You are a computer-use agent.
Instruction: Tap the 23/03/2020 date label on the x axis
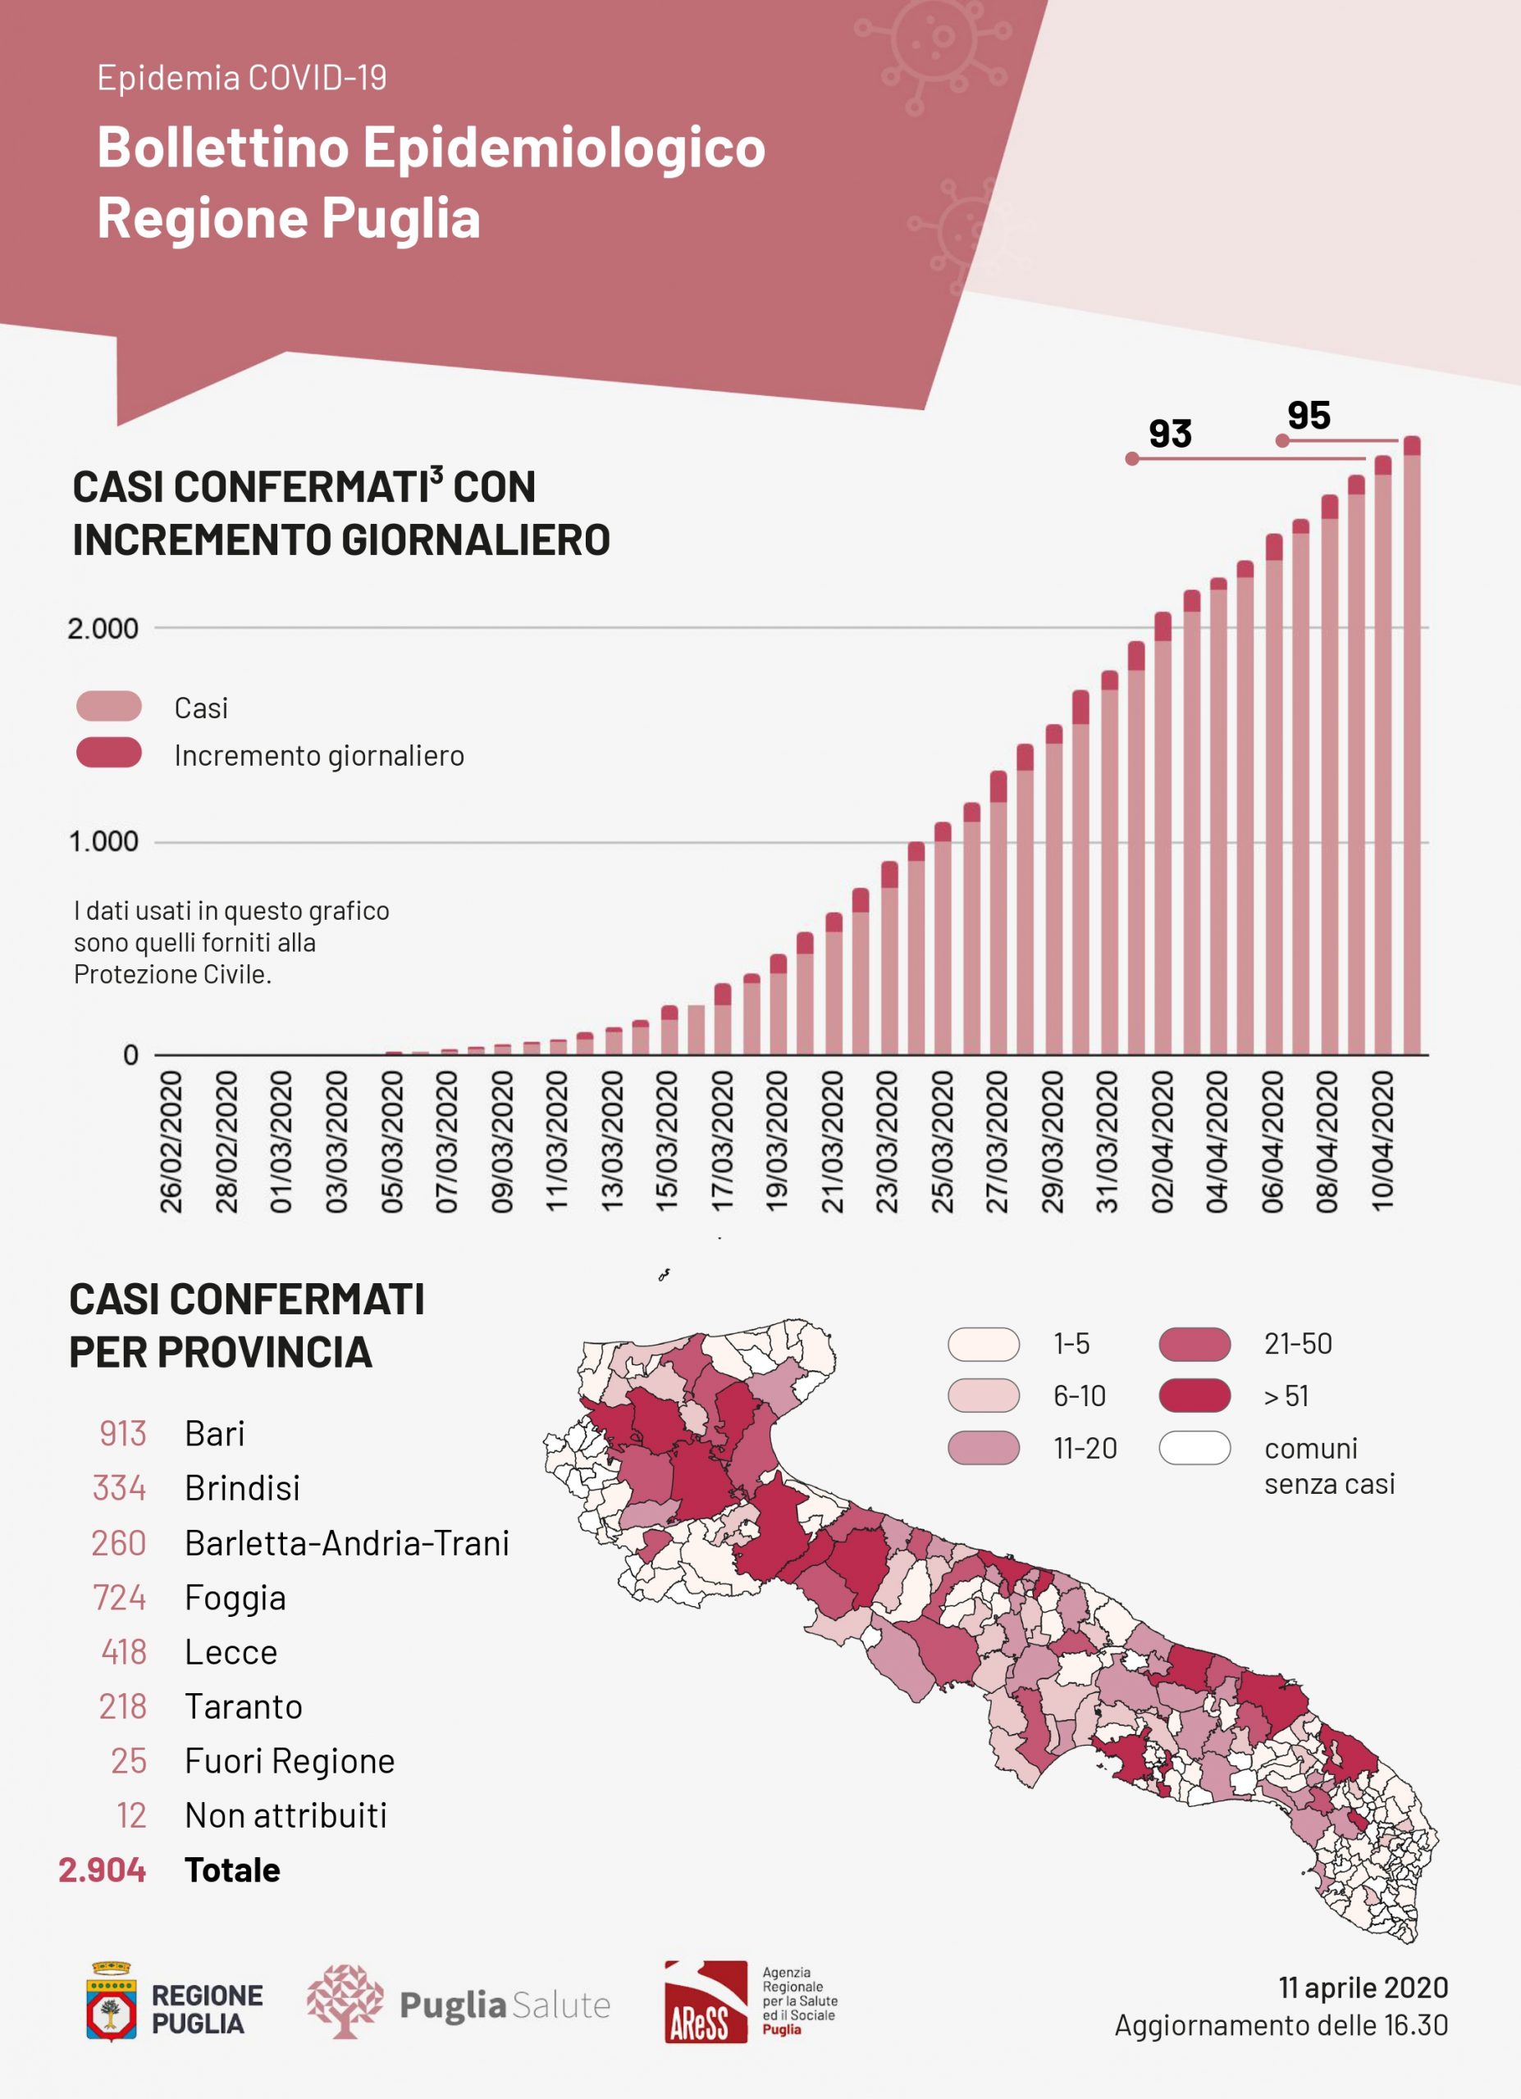[887, 1141]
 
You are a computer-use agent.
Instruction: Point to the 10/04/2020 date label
[1382, 1141]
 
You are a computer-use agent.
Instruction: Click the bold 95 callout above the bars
[1308, 417]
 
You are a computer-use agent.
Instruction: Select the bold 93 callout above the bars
[1170, 434]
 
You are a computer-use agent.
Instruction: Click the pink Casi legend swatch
[109, 706]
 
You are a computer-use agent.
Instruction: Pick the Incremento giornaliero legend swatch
[109, 754]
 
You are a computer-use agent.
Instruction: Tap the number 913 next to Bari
[123, 1433]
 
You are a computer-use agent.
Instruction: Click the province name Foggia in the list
[235, 1597]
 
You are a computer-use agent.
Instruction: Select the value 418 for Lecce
[124, 1652]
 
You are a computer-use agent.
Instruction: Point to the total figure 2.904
[102, 1869]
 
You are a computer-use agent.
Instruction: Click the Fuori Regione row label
[290, 1760]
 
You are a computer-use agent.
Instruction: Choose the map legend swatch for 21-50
[1194, 1344]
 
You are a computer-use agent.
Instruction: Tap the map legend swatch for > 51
[1194, 1396]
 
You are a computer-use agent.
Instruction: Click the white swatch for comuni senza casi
[1194, 1447]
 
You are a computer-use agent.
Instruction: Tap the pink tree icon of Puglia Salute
[345, 2001]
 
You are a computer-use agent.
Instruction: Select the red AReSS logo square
[706, 2001]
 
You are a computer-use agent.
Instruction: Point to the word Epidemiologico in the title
[564, 148]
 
